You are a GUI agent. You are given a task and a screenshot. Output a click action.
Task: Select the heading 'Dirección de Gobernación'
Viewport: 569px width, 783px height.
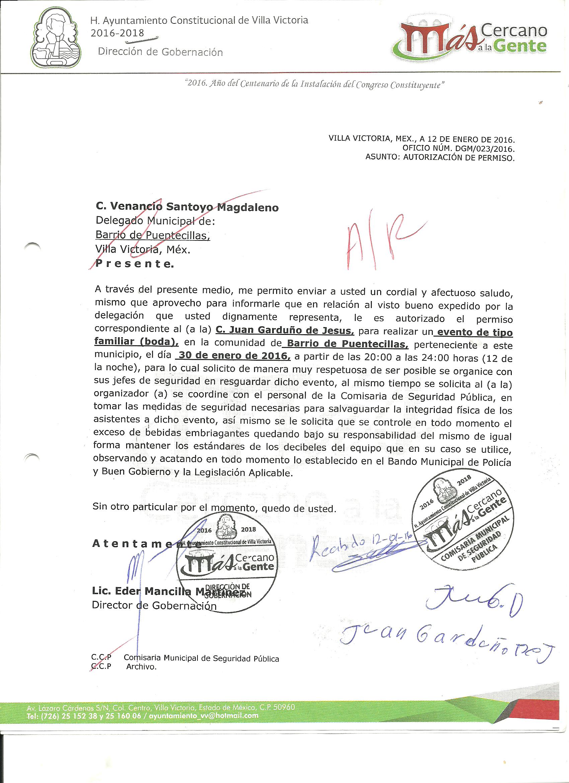pos(160,52)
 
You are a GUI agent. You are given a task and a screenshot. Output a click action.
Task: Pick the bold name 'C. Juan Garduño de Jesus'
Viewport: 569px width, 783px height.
pos(285,331)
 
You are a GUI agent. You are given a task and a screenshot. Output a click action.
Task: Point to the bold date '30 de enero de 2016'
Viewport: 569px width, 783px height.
pos(233,356)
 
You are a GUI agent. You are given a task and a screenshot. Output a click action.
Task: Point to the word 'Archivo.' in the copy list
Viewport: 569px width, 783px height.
pos(142,667)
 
